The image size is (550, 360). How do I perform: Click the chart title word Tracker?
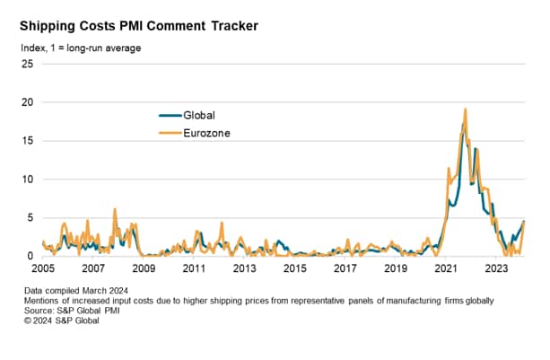pos(228,26)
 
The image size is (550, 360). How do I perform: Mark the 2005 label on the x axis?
pos(44,268)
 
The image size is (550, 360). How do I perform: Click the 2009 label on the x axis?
pos(144,268)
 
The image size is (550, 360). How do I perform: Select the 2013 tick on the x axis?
pos(245,268)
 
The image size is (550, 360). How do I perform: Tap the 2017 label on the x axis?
pos(345,268)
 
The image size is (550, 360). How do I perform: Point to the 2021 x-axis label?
pos(446,268)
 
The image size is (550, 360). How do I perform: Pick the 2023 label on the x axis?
pos(496,268)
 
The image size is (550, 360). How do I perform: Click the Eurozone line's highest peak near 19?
pos(465,110)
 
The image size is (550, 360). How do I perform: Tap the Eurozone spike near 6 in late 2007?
pos(115,209)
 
